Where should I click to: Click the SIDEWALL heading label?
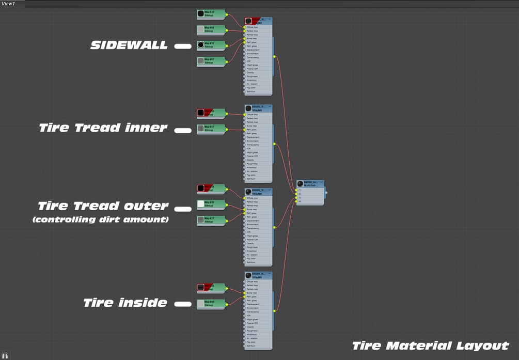pos(129,45)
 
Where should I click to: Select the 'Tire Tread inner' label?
pos(103,128)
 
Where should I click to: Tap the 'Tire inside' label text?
pos(125,303)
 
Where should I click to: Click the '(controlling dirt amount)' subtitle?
pos(100,220)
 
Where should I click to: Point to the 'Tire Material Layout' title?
pos(431,346)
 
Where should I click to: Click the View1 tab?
pos(8,4)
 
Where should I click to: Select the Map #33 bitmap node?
pos(211,14)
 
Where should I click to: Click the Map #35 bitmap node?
pos(211,45)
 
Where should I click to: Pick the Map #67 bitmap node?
pos(211,61)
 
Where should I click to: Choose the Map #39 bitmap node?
pos(211,204)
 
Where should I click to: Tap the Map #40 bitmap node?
pos(211,304)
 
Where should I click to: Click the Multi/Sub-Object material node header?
pos(310,184)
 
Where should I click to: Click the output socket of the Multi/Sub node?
pos(326,193)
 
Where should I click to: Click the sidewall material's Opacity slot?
pos(250,72)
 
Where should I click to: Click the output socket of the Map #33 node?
pos(227,14)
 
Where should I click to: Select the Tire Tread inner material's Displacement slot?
pos(253,137)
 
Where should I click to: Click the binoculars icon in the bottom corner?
pos(5,355)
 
